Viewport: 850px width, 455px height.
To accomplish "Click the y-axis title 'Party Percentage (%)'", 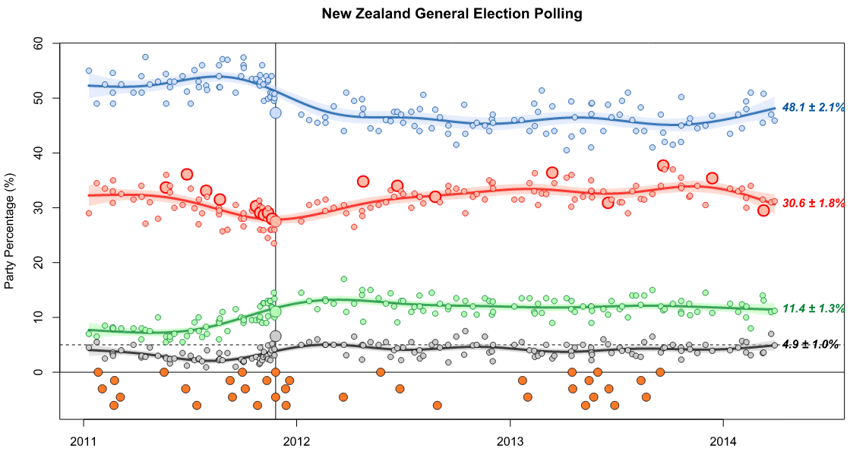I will [10, 229].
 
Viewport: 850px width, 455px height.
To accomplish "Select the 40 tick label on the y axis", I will [36, 153].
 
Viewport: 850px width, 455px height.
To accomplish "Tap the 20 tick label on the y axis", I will [36, 262].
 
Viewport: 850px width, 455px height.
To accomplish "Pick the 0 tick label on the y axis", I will [39, 371].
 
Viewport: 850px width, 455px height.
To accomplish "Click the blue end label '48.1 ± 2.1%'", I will [814, 108].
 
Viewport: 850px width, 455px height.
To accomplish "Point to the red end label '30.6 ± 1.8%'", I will [814, 204].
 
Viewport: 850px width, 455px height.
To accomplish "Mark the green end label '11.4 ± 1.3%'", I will [814, 308].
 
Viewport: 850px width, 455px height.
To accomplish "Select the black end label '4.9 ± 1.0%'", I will [814, 345].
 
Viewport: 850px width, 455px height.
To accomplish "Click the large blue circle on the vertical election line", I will [276, 112].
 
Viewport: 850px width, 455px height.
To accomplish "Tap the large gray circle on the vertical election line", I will [276, 336].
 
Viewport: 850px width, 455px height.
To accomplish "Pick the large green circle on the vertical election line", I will [276, 311].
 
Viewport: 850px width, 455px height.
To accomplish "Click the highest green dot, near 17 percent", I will [344, 279].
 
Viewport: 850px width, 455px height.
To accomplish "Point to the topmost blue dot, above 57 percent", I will [145, 57].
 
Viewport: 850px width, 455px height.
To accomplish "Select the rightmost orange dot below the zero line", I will [660, 372].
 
